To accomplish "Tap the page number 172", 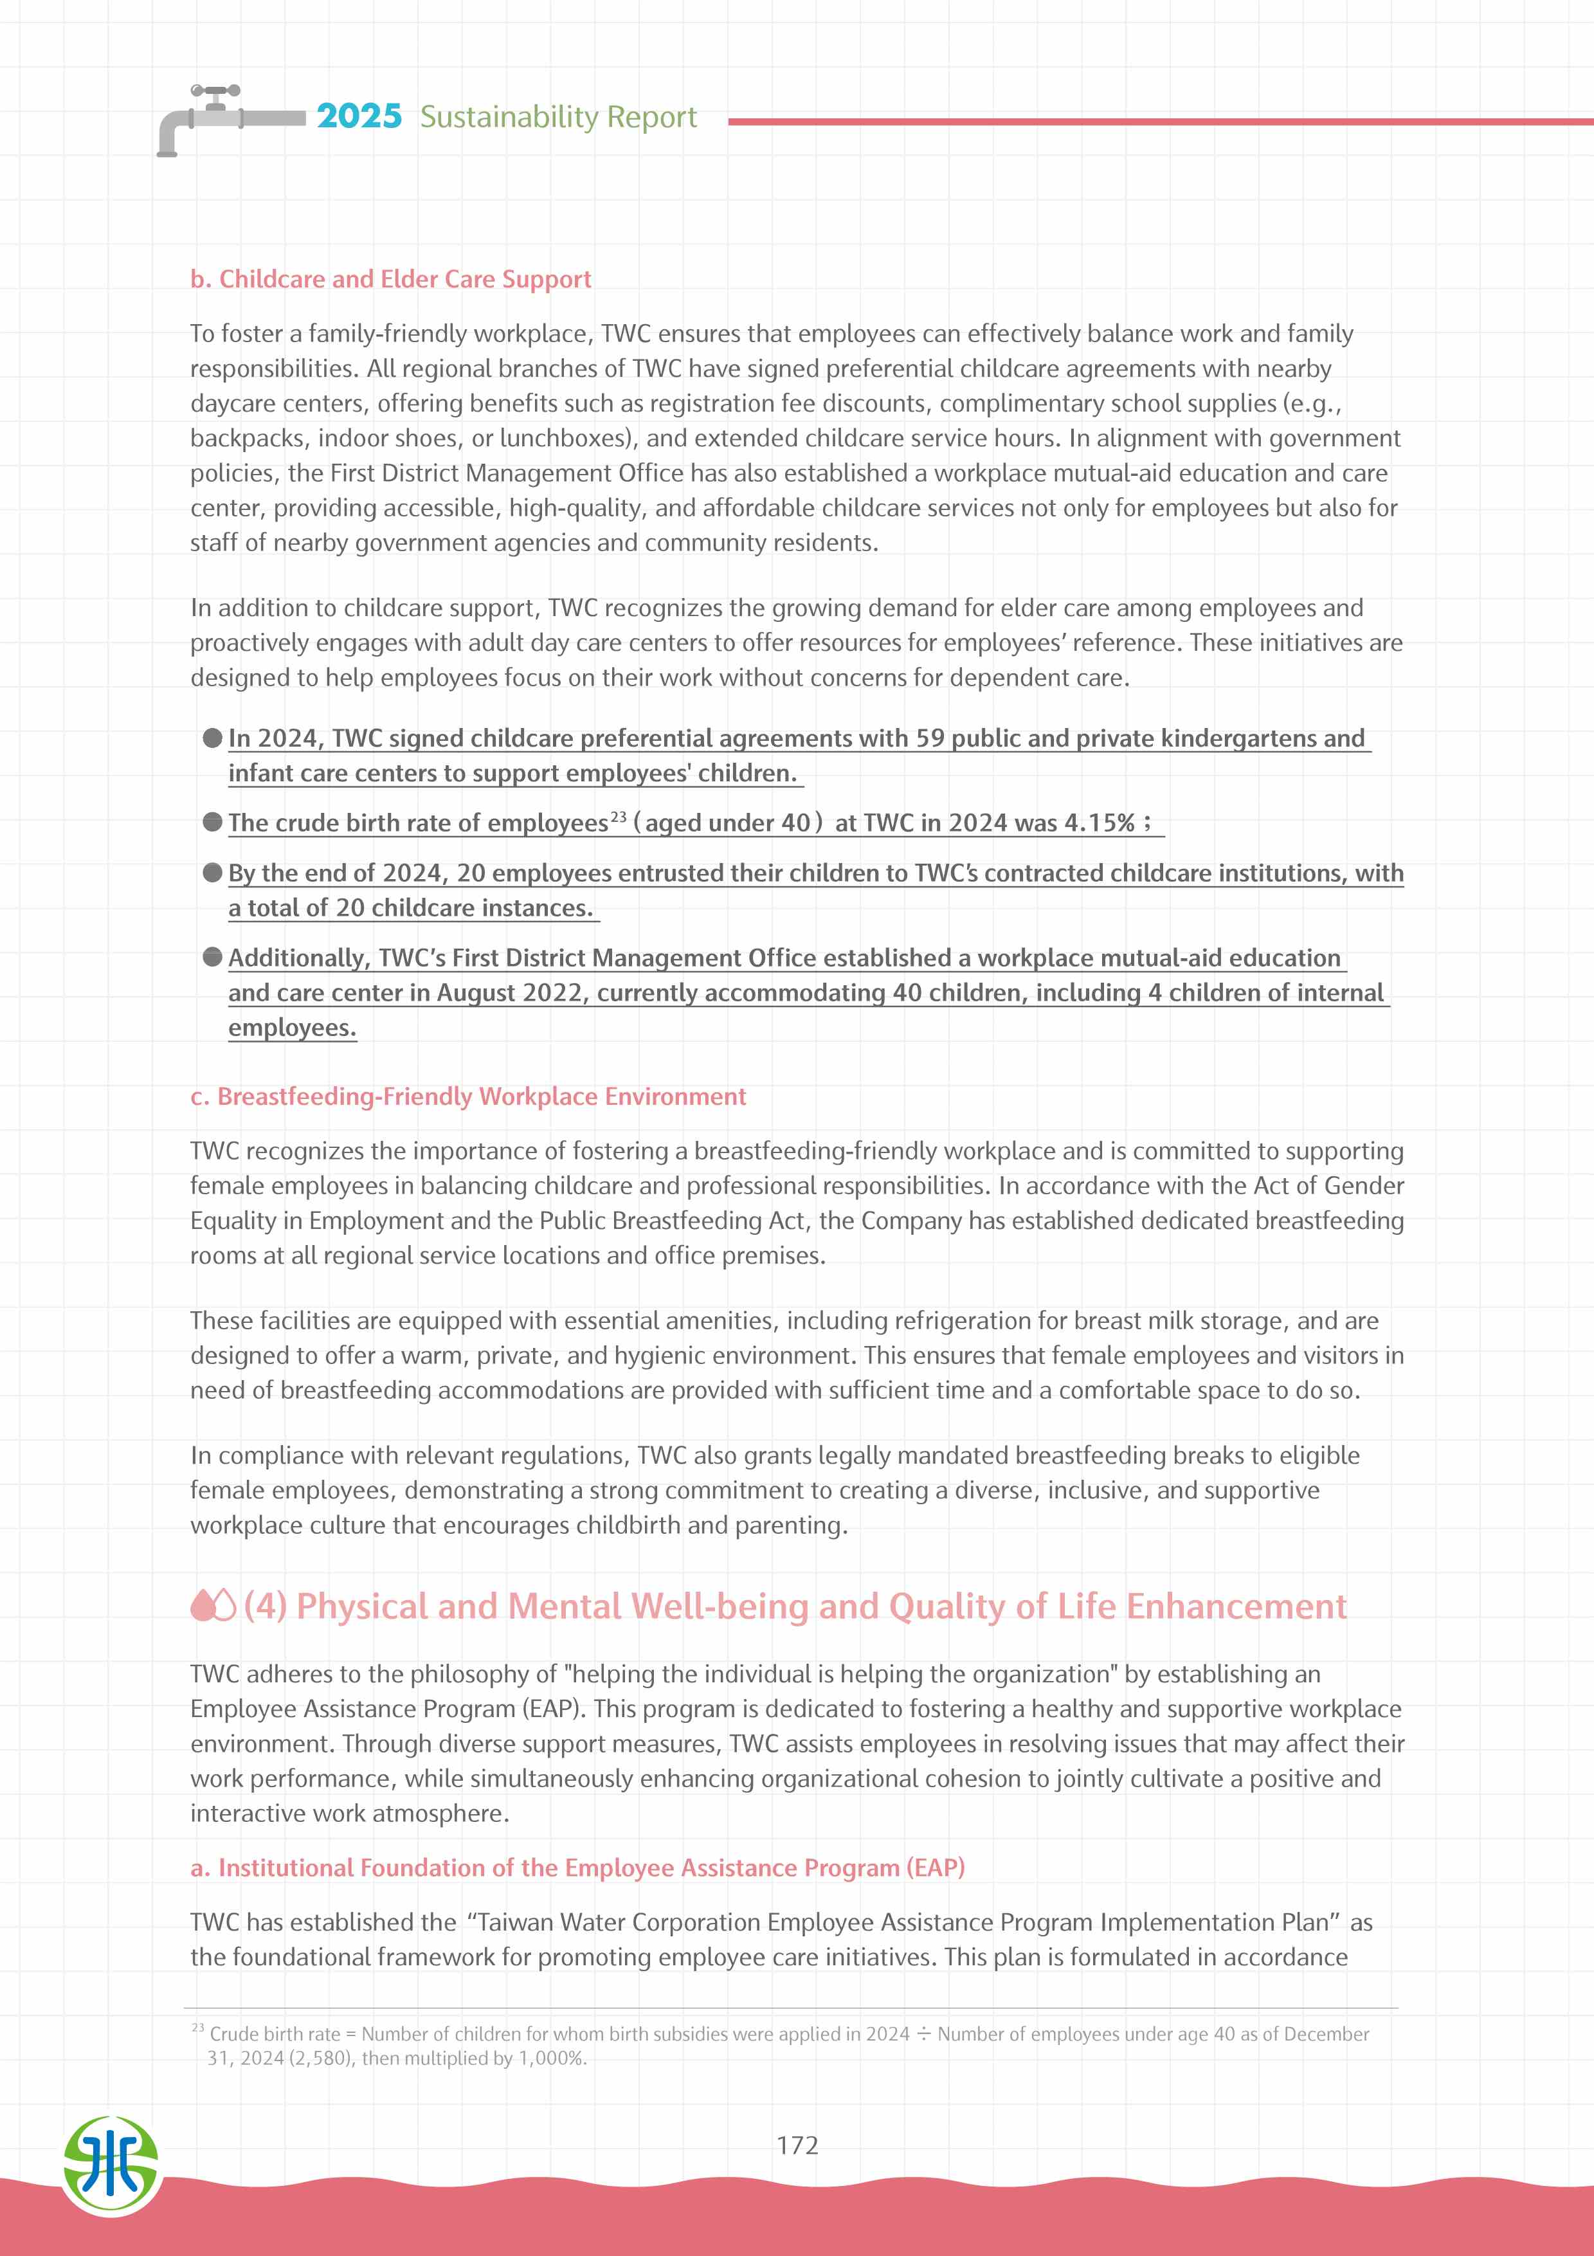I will point(797,2145).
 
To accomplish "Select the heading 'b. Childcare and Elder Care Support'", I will point(390,279).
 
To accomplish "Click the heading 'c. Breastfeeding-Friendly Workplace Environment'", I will point(467,1096).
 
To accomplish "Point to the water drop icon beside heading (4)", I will point(212,1606).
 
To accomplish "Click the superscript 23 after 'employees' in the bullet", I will point(618,817).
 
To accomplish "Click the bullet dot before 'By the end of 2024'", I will point(212,873).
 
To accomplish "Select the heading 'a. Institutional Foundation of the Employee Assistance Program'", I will point(577,1868).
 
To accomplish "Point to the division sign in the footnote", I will point(923,2034).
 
